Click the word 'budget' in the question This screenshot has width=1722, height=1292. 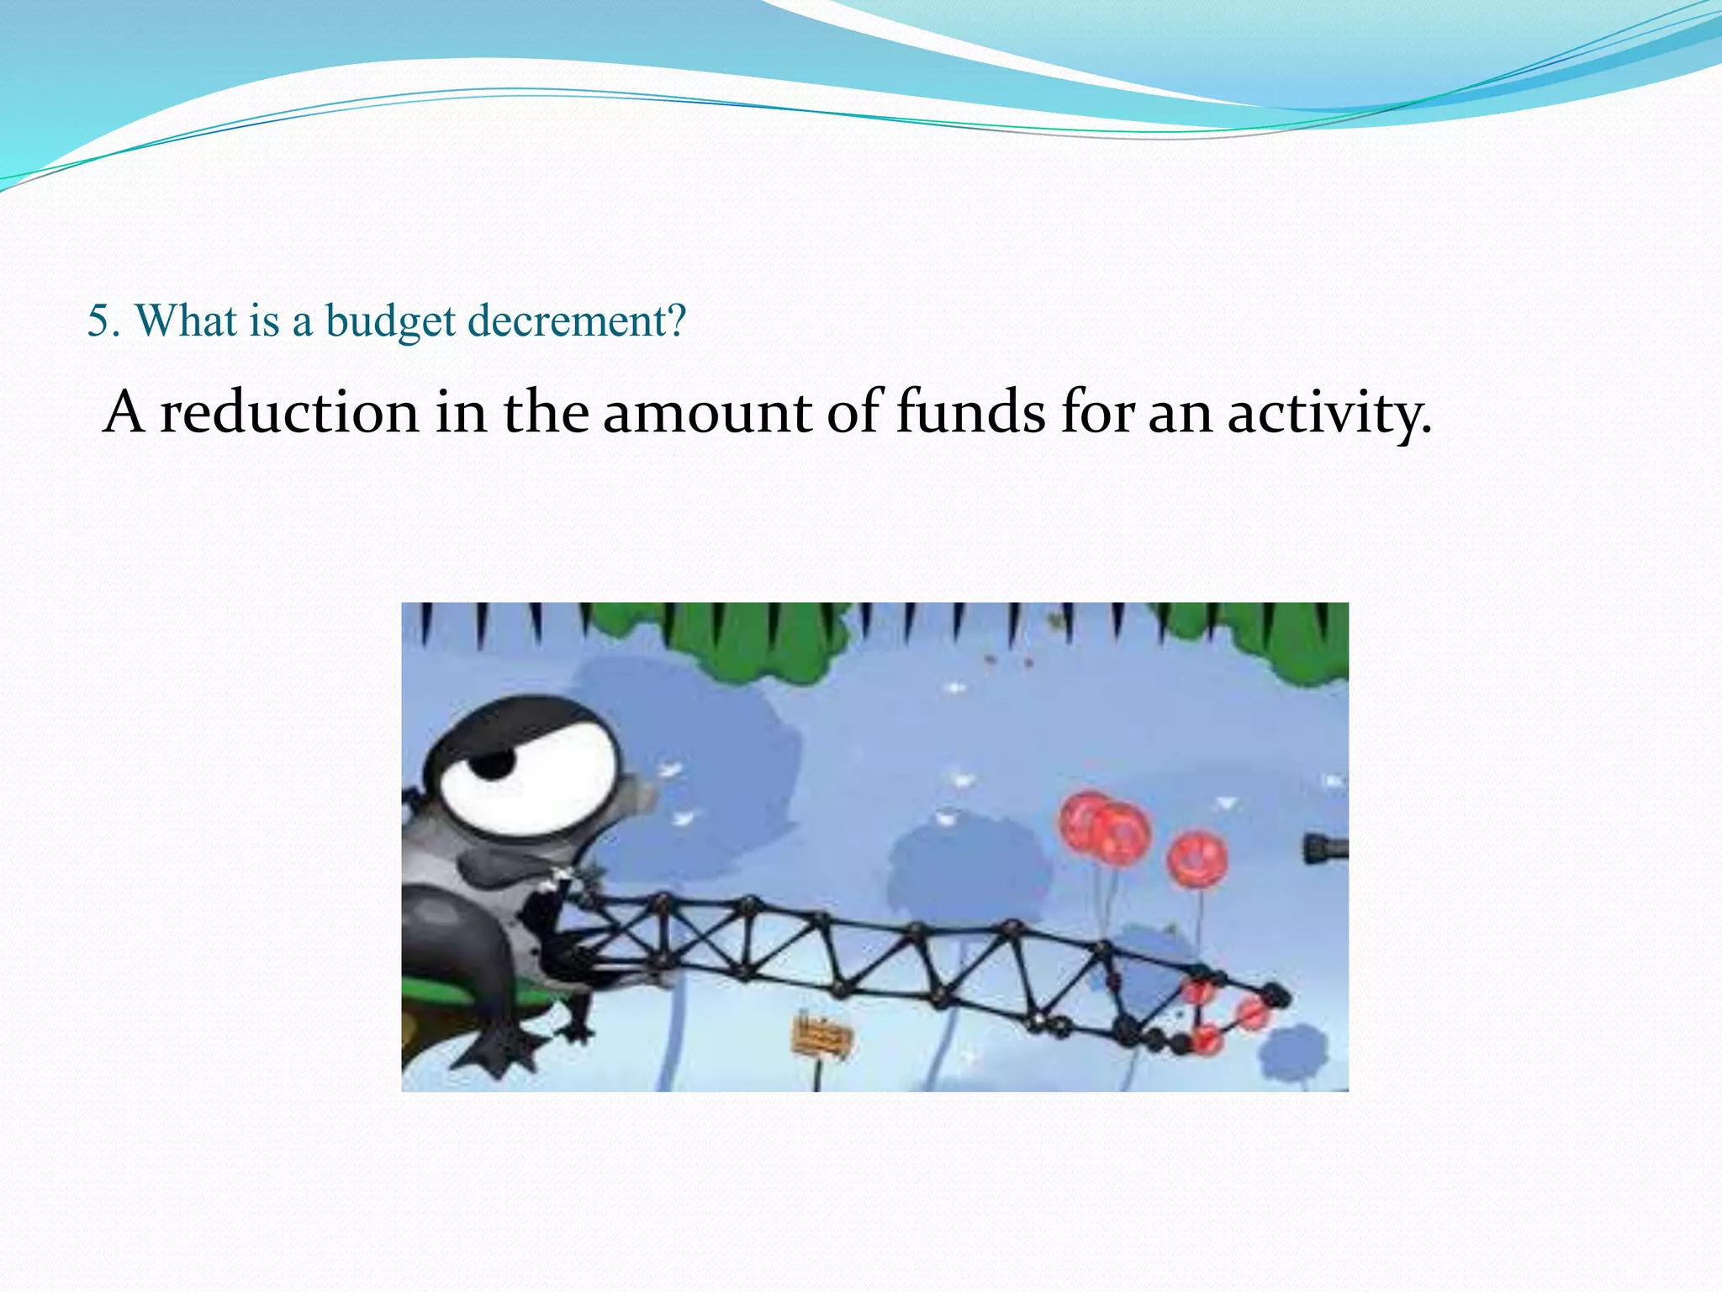390,321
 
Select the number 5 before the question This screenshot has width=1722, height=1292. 98,320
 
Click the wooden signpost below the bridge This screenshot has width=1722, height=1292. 820,1036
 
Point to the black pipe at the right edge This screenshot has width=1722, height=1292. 1326,847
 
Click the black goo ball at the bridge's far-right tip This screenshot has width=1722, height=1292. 1276,996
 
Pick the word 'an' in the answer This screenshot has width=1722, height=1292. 1181,414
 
